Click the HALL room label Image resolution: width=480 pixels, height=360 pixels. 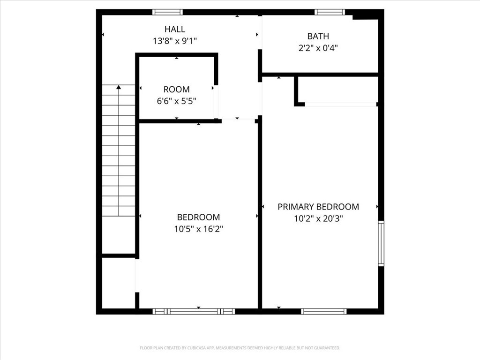pos(175,29)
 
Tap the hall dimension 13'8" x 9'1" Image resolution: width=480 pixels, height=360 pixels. pos(175,41)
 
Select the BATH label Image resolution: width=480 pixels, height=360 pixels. pos(318,36)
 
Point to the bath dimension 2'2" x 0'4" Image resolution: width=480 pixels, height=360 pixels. pos(318,47)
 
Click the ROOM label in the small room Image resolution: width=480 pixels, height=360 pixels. pos(177,90)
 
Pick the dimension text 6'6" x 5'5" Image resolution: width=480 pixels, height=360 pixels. pos(177,101)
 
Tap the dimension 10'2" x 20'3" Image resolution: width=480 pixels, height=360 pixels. pos(318,218)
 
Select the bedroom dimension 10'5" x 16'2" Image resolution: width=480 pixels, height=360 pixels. pos(198,229)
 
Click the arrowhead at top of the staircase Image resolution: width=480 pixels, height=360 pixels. pos(119,87)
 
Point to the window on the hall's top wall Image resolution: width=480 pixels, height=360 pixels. pos(167,12)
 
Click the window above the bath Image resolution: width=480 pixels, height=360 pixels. pos(330,12)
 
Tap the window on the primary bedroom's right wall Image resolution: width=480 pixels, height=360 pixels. pos(381,244)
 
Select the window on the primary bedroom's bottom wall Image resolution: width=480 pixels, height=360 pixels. pos(324,311)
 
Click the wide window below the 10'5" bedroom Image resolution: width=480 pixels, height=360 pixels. pos(194,311)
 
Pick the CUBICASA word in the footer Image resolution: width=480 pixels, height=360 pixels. pos(199,348)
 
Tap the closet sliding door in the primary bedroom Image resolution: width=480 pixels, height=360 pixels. pos(341,104)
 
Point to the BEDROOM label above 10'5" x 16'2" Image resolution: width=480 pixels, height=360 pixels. pos(198,217)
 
